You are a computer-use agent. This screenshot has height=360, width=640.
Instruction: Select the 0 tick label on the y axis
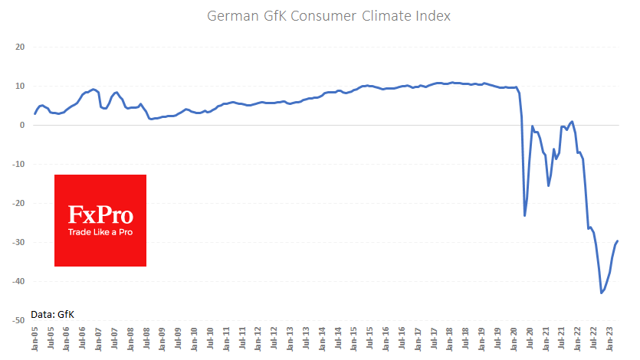pos(22,126)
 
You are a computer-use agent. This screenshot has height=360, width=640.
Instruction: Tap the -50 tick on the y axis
pos(18,321)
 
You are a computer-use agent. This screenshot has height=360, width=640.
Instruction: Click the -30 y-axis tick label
pos(18,243)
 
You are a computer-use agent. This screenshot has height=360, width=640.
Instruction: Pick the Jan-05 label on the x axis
pos(35,339)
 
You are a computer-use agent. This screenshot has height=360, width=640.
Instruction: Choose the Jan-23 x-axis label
pos(610,339)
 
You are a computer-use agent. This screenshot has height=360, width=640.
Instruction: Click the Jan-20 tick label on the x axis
pos(514,339)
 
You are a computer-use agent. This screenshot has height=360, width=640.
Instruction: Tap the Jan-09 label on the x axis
pos(162,339)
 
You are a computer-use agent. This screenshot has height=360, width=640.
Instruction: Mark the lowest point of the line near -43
pos(602,293)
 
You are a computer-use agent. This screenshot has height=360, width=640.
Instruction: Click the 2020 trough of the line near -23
pos(525,215)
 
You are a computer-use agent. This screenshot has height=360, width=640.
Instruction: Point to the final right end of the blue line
pos(618,241)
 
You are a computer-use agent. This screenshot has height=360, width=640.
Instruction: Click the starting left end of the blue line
pos(35,113)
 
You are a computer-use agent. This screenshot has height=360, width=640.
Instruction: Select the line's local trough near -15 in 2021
pos(549,185)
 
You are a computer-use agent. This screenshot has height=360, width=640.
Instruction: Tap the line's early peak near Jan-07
pos(94,89)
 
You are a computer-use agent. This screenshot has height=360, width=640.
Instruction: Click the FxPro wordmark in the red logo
pos(100,214)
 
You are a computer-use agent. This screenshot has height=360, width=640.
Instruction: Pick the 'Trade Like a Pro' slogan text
pos(100,231)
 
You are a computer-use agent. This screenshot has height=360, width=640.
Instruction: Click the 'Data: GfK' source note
pos(53,314)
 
